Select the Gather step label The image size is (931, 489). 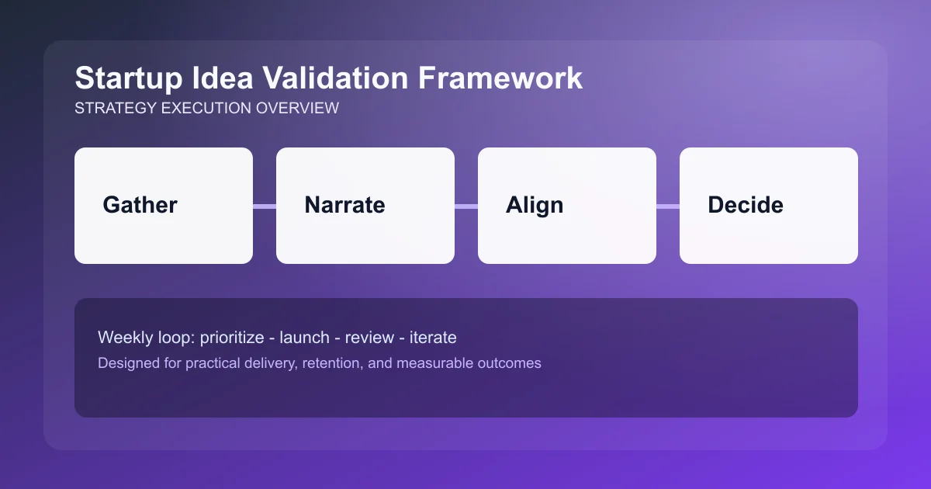click(x=140, y=205)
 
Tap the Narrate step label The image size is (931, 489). click(x=344, y=205)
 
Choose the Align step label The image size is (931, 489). click(x=535, y=205)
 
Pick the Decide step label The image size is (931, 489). click(x=746, y=205)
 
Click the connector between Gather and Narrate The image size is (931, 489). click(x=265, y=206)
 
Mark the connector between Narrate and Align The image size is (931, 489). click(x=466, y=206)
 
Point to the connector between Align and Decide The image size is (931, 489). click(x=668, y=206)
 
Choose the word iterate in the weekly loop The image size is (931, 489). click(x=434, y=338)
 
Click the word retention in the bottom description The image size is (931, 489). click(x=332, y=363)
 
